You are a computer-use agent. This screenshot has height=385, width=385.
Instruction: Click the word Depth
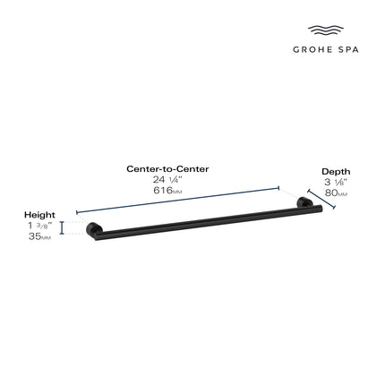tap(336, 171)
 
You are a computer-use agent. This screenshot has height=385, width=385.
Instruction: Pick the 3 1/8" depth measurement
tap(336, 182)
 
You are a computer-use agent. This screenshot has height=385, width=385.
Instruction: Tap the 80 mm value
tap(337, 193)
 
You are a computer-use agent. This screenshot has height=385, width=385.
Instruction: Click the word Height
tap(40, 215)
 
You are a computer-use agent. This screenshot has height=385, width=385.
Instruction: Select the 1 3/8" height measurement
tap(39, 227)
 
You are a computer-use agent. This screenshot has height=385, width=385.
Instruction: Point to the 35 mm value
tap(40, 238)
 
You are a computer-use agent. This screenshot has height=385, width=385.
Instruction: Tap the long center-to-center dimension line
tap(179, 201)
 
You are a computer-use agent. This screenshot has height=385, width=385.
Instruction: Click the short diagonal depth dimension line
tap(321, 200)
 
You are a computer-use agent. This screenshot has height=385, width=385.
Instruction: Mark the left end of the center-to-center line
tap(79, 215)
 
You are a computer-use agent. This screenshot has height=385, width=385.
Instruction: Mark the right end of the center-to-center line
tap(279, 188)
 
